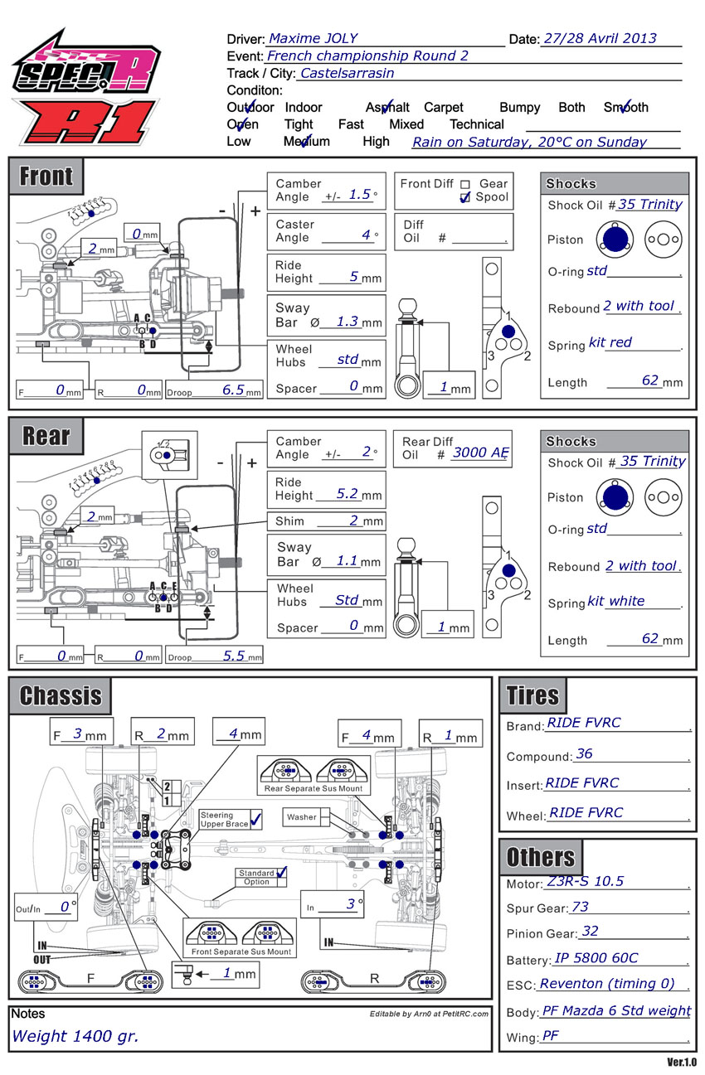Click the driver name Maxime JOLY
coord(313,38)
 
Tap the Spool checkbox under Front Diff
coord(465,197)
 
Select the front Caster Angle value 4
coord(366,235)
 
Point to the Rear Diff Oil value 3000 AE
coord(480,453)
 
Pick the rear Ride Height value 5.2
coord(347,493)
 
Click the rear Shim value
coord(353,521)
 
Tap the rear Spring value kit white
coord(615,601)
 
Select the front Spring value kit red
coord(610,342)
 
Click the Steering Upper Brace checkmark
coord(255,820)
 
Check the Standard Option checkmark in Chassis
coord(282,873)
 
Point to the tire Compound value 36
coord(584,753)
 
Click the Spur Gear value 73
coord(580,907)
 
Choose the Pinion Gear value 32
coord(590,932)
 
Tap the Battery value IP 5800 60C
coord(596,958)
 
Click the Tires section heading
coord(532,695)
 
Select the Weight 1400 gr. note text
coord(75,1036)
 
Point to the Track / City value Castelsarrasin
coord(347,73)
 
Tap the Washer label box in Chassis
coord(302,817)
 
